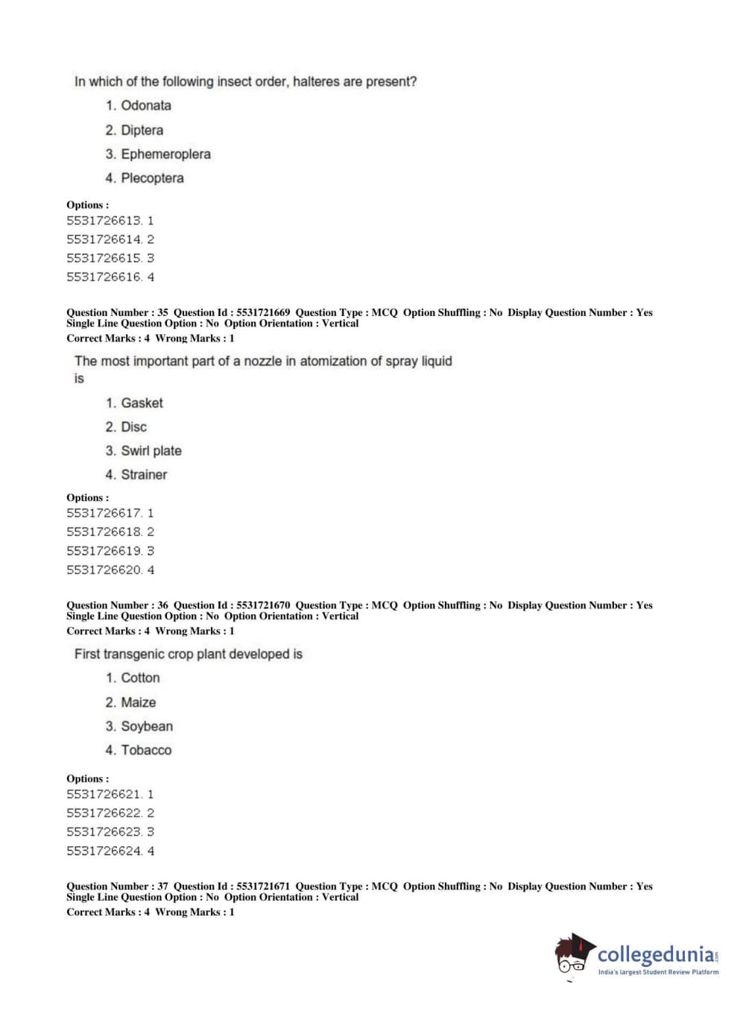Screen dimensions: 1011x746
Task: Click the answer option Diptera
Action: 142,130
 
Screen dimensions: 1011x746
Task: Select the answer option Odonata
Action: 146,106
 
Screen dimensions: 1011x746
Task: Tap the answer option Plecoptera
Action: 152,178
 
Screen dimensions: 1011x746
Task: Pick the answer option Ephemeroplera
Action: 165,154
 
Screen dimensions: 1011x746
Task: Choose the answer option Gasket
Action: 142,403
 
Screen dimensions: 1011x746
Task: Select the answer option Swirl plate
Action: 151,451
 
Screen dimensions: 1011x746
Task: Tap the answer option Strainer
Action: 144,475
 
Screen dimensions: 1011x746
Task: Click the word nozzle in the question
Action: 263,362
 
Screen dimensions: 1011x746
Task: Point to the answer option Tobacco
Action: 146,751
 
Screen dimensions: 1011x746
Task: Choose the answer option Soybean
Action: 147,727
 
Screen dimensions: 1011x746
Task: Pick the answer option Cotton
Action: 140,678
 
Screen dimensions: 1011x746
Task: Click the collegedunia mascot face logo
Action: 573,954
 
